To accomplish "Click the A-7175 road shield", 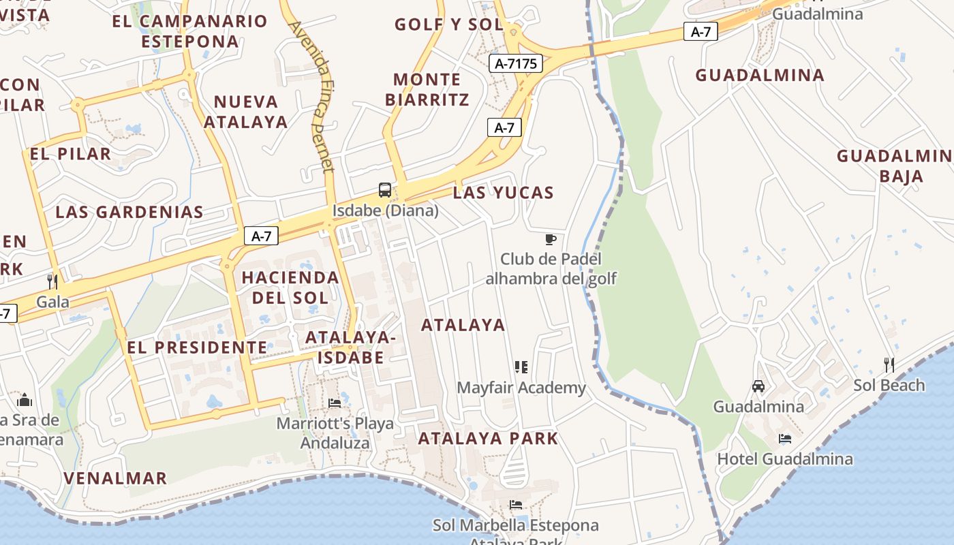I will click(x=515, y=64).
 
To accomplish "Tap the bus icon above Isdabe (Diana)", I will click(x=385, y=190).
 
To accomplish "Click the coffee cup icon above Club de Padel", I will click(x=551, y=239).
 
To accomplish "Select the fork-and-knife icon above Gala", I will click(x=52, y=281).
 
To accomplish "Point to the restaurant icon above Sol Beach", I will click(x=889, y=365).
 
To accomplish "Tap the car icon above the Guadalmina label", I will click(x=758, y=386).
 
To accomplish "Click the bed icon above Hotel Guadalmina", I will click(x=785, y=439).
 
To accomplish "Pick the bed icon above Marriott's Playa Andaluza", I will click(x=335, y=403).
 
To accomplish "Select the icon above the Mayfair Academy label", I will click(x=521, y=368).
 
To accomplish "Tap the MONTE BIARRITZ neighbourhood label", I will click(x=427, y=89).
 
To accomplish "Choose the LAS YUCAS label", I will click(x=503, y=193).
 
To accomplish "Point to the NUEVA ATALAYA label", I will click(x=246, y=112).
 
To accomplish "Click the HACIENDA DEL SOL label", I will click(x=290, y=287).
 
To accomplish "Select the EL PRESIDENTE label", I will click(x=197, y=347).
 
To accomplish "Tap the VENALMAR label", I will click(x=115, y=478).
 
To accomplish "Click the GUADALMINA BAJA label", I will click(x=894, y=166).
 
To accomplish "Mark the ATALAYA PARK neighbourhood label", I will click(x=488, y=438).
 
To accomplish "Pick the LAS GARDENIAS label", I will click(x=129, y=212).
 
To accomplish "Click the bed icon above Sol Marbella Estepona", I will click(x=516, y=505).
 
